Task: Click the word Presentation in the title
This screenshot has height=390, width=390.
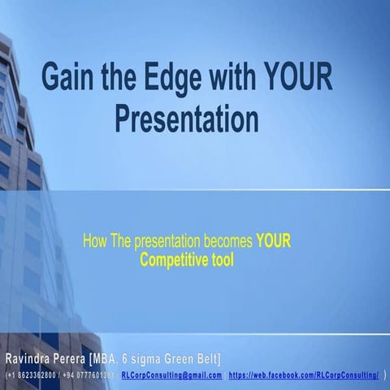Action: (x=186, y=119)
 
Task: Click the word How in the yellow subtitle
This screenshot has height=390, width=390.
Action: (x=94, y=241)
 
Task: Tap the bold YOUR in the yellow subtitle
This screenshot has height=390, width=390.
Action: (x=273, y=241)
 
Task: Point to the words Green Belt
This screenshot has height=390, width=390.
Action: (x=196, y=358)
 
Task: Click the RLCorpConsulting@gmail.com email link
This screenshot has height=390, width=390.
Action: (x=171, y=375)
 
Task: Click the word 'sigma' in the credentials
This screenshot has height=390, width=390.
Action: (x=156, y=358)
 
